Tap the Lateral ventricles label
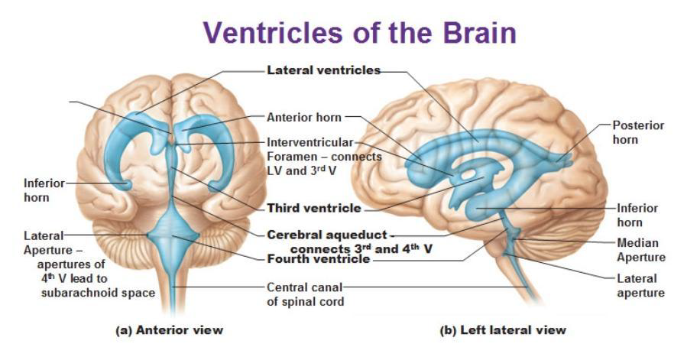323,70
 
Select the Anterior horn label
304,118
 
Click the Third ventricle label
313,208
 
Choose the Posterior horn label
638,132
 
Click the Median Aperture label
641,250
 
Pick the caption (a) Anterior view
169,330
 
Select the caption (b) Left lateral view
503,330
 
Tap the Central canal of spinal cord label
303,294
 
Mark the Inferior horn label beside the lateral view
637,215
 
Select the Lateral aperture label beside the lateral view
638,285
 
